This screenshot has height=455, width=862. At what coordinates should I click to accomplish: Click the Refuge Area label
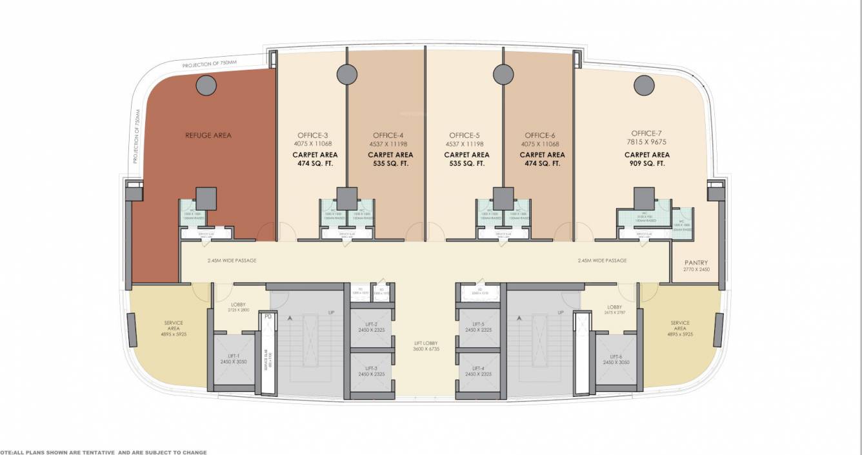(208, 136)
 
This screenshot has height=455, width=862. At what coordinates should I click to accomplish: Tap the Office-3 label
(313, 136)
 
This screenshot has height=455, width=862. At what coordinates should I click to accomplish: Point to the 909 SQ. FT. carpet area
(646, 164)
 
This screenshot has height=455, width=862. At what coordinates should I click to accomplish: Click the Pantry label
(696, 263)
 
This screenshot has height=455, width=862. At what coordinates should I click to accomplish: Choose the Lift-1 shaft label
(230, 359)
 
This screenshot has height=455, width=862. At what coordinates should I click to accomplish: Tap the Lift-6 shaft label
(616, 359)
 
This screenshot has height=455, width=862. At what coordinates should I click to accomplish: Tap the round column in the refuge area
(206, 85)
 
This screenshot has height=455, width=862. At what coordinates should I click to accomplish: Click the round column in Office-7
(644, 85)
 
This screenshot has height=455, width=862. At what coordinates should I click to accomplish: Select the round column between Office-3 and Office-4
(347, 74)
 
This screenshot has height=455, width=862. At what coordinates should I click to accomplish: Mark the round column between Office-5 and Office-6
(503, 74)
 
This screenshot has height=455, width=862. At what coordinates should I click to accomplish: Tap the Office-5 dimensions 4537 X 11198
(466, 144)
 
